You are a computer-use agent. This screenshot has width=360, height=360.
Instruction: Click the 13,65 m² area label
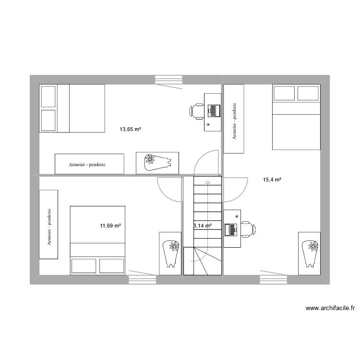[130, 129]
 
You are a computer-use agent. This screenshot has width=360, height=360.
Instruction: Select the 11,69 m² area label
[110, 225]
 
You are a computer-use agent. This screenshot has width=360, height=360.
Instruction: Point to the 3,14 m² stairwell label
[202, 225]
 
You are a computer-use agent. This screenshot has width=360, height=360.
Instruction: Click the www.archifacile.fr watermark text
[329, 309]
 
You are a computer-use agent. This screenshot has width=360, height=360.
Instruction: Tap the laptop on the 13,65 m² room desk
[213, 111]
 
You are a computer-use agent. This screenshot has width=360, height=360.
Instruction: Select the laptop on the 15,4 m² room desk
[232, 229]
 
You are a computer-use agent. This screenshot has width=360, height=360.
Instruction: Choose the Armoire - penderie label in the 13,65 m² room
[87, 165]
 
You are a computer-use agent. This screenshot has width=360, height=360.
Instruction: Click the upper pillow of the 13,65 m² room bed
[48, 96]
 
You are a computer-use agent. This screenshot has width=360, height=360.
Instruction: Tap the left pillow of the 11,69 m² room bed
[84, 266]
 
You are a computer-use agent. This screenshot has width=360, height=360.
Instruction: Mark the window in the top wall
[168, 79]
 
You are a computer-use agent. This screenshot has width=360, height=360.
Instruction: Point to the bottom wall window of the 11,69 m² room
[143, 279]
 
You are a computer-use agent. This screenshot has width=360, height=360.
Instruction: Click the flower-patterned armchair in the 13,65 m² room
[157, 163]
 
